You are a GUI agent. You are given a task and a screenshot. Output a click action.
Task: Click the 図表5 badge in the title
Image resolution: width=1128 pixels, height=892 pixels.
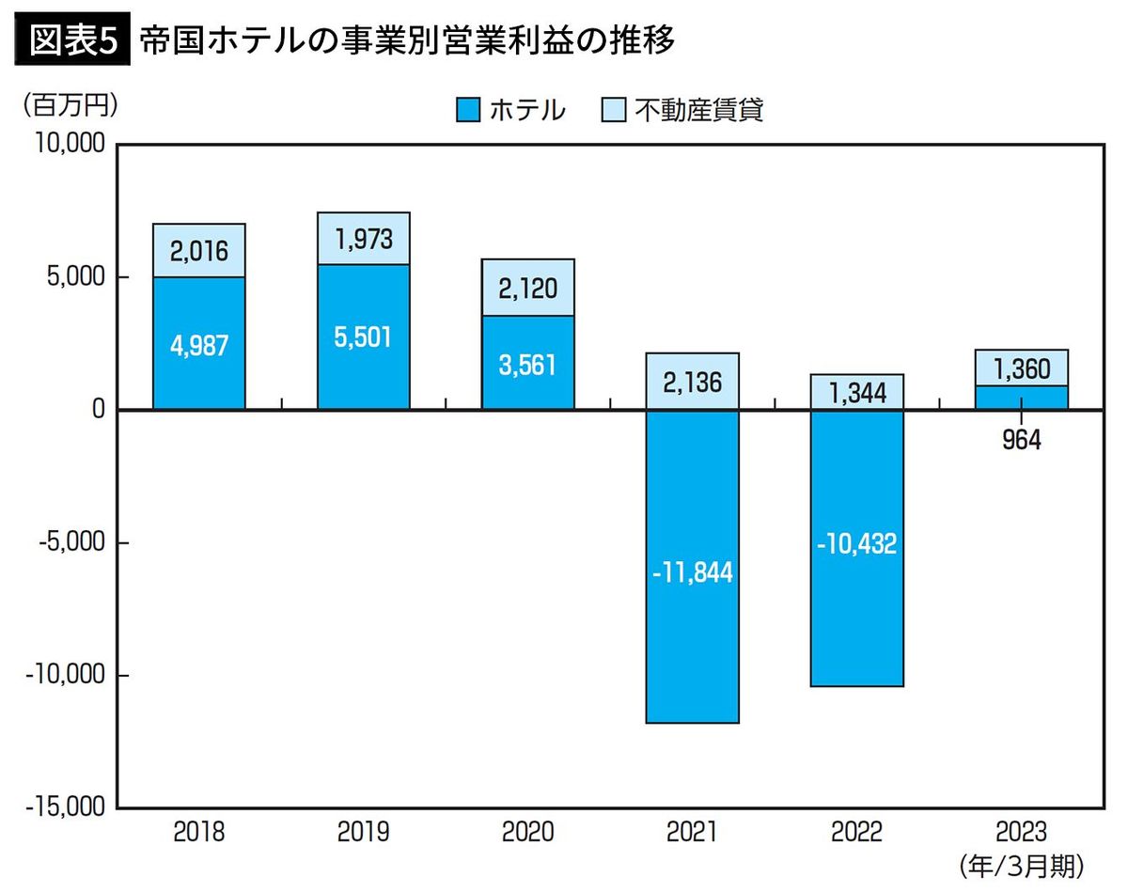click(x=72, y=40)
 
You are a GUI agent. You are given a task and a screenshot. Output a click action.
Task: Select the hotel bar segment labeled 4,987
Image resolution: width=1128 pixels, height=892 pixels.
click(x=199, y=344)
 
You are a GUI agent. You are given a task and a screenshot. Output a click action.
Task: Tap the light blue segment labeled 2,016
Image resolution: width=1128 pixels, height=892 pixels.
click(x=199, y=252)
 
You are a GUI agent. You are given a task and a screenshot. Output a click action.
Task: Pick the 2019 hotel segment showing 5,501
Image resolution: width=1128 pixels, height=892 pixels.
click(x=363, y=336)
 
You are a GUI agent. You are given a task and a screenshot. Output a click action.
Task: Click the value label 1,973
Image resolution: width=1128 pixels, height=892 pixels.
click(x=363, y=238)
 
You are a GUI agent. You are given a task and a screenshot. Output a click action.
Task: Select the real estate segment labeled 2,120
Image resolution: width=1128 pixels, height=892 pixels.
click(x=527, y=287)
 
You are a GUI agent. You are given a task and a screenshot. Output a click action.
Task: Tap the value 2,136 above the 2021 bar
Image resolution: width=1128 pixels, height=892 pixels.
click(x=692, y=383)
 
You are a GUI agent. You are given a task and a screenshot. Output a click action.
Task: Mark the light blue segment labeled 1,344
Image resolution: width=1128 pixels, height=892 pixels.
click(x=856, y=392)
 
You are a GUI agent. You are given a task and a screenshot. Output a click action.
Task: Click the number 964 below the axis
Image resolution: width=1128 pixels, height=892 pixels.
click(x=1021, y=440)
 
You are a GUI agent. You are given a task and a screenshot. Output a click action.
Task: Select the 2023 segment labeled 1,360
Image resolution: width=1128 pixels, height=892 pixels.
click(x=1021, y=368)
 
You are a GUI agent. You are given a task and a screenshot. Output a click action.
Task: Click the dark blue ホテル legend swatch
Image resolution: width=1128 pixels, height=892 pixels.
click(x=467, y=111)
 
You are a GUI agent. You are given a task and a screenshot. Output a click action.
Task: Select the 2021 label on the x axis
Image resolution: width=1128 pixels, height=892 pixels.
click(x=692, y=833)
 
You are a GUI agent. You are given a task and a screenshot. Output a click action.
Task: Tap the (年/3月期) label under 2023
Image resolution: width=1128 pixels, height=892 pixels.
click(x=1021, y=864)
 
